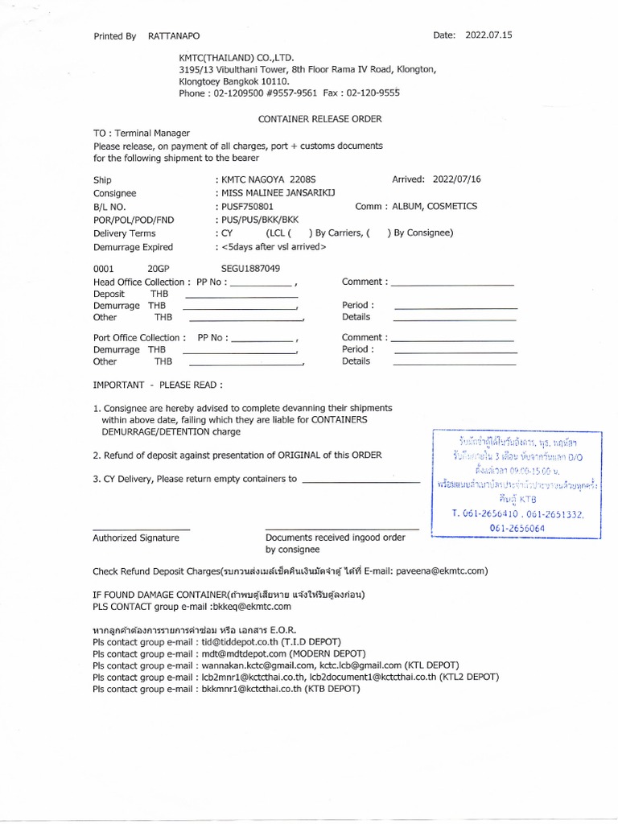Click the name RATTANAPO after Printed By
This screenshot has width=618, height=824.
[x=174, y=36]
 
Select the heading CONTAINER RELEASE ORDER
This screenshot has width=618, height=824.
[x=319, y=118]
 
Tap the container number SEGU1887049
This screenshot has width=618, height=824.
[x=250, y=268]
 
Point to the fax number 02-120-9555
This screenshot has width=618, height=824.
[x=373, y=93]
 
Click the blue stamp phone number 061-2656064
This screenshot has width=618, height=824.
[x=517, y=528]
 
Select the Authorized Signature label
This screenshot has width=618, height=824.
[x=135, y=538]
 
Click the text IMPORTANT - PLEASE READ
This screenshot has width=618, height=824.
[x=158, y=385]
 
